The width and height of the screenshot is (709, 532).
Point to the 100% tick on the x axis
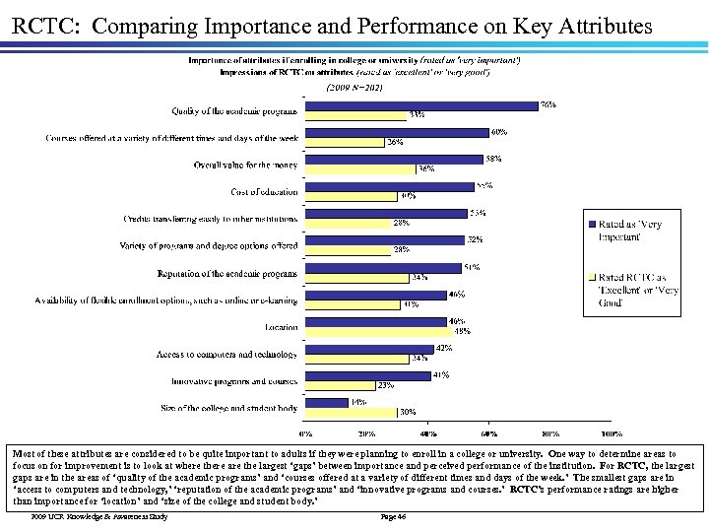(611, 432)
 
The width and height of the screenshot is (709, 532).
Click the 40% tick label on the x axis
(428, 432)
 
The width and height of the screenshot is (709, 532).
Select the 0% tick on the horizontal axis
(307, 432)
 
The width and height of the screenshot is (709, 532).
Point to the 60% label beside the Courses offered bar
(499, 131)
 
